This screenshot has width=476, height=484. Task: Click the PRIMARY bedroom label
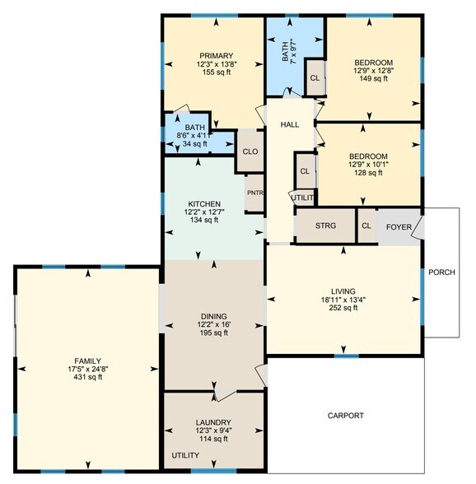(x=214, y=56)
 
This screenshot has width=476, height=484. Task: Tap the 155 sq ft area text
(x=214, y=72)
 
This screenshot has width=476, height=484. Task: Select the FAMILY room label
(x=87, y=361)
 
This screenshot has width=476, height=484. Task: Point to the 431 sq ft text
(x=87, y=377)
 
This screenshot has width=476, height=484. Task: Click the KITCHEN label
(x=203, y=203)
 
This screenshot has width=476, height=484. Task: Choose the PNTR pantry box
(x=254, y=194)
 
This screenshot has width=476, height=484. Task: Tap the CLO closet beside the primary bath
(x=250, y=151)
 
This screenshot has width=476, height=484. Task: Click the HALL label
(x=290, y=124)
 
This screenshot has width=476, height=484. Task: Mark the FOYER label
(x=399, y=226)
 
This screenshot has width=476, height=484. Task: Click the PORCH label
(x=441, y=272)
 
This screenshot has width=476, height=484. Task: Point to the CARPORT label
(x=345, y=416)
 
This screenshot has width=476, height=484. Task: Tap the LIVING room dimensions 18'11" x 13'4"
(x=343, y=300)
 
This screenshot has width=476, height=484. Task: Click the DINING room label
(x=214, y=315)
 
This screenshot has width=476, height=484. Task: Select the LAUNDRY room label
(x=214, y=422)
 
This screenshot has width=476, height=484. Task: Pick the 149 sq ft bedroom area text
(x=373, y=79)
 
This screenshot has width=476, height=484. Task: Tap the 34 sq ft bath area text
(x=194, y=144)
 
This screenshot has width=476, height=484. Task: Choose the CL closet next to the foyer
(x=366, y=226)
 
